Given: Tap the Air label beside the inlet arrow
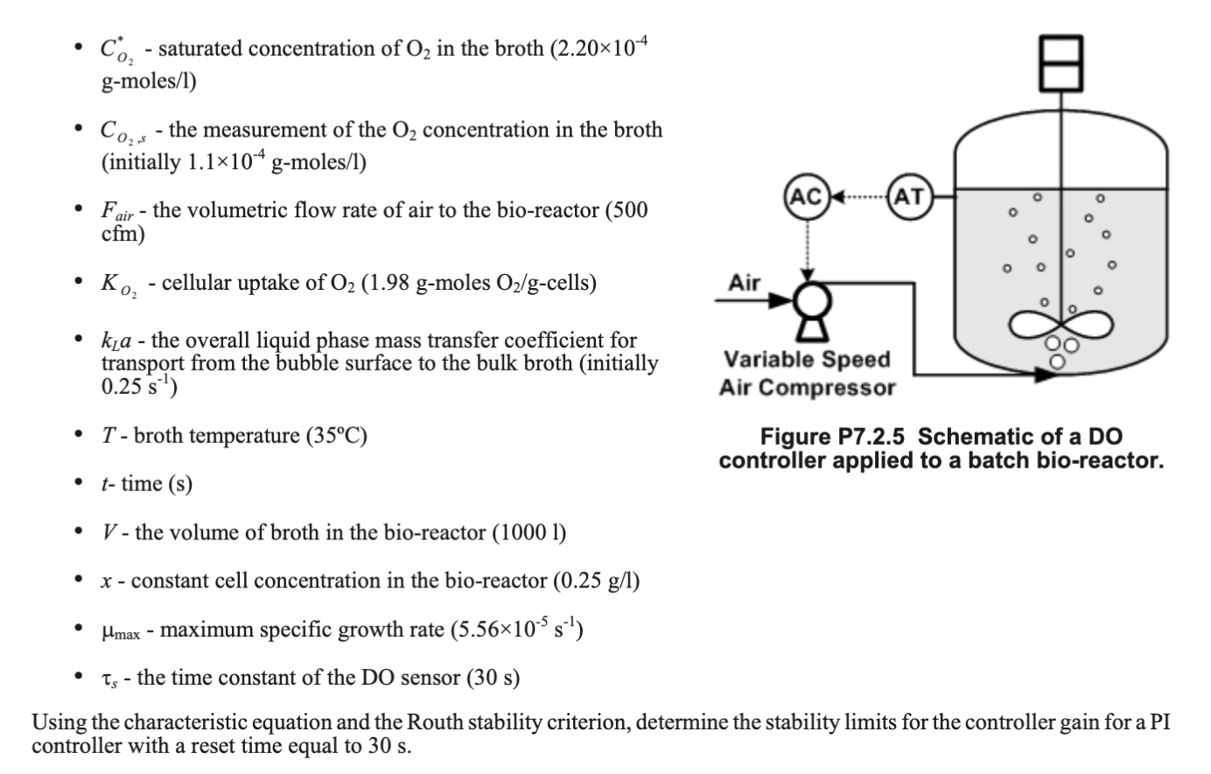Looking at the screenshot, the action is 745,283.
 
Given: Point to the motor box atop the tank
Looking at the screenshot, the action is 1062,62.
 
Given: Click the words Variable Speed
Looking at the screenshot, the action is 806,360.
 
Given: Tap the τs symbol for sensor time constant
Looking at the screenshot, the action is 108,679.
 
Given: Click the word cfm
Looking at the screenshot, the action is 122,235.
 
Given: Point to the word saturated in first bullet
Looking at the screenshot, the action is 199,49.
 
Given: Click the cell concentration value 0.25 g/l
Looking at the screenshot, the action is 598,580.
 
